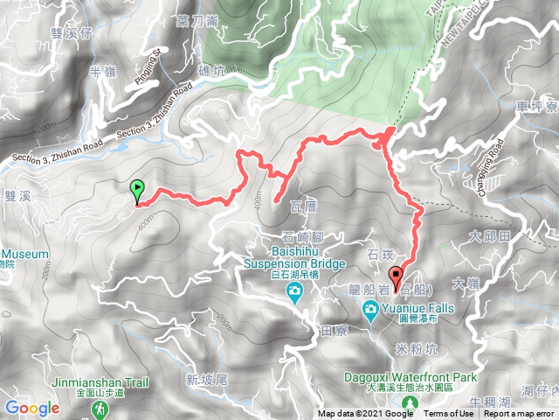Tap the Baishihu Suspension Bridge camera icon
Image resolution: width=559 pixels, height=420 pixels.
pos(293,291)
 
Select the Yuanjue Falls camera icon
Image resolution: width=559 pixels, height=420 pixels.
pos(371,309)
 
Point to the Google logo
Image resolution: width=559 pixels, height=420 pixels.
pos(31,408)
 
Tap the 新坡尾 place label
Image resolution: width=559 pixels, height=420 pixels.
pos(206,379)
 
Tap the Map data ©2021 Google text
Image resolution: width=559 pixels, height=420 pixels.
pos(365,414)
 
